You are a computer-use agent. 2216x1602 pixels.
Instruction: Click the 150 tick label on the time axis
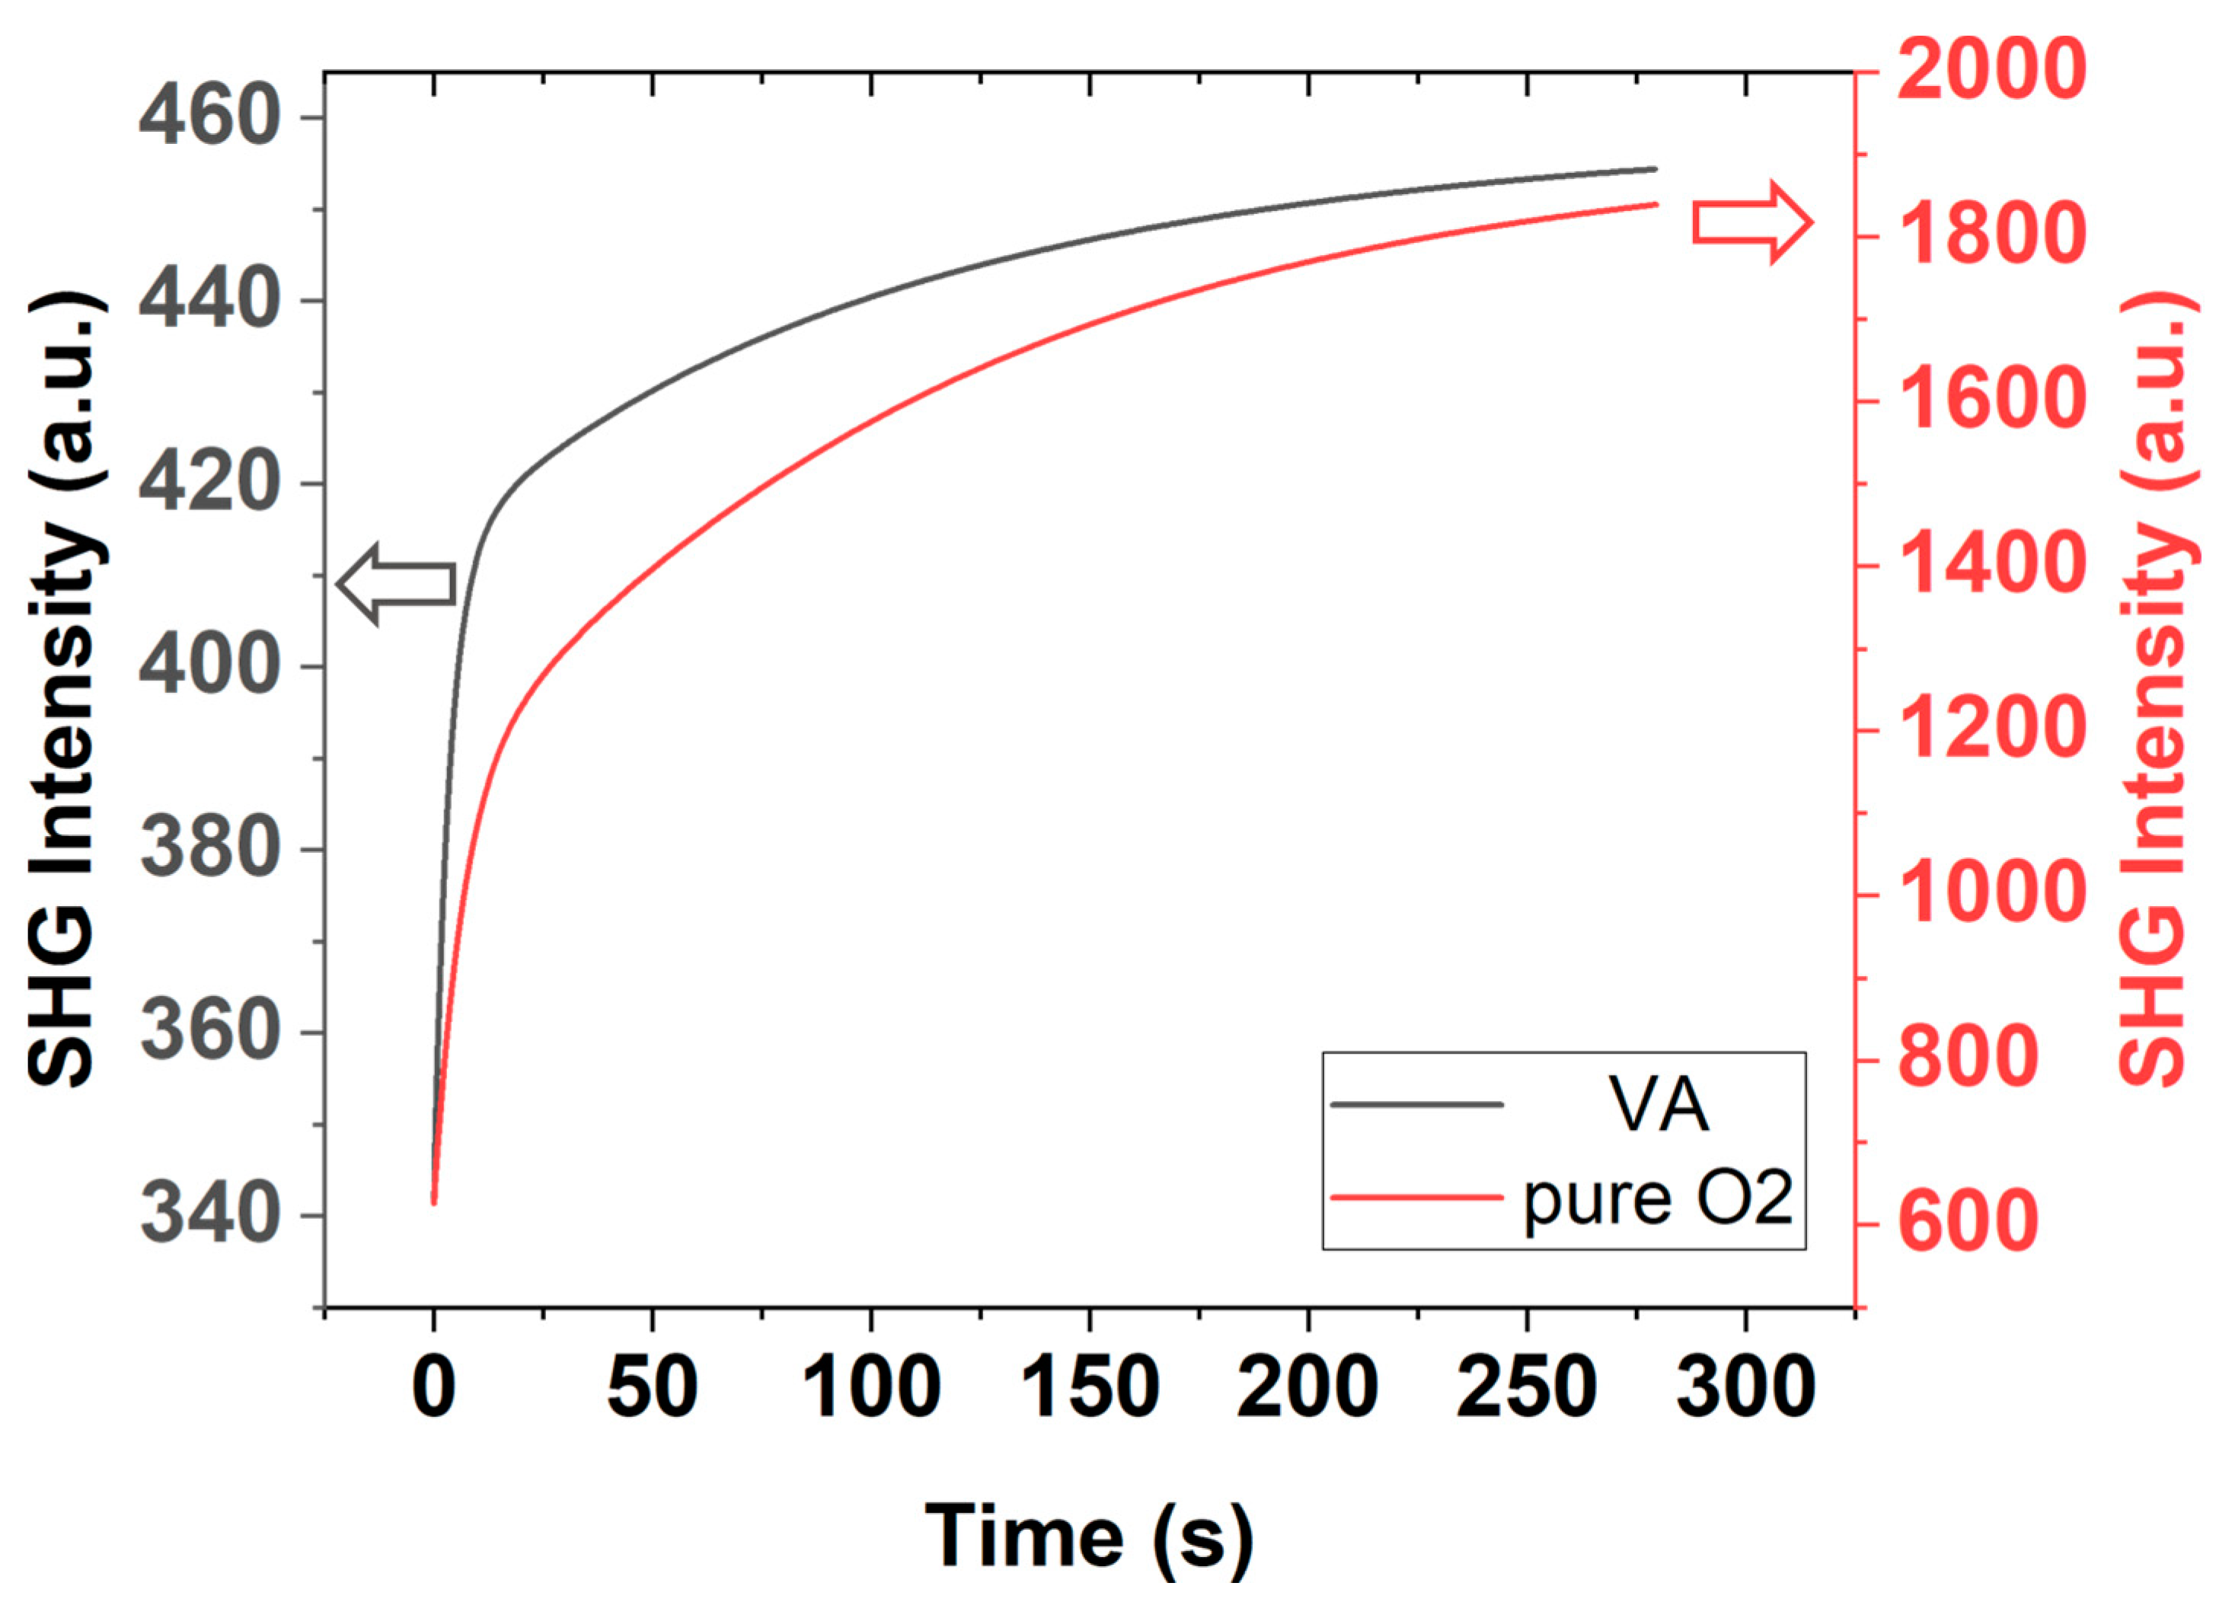coord(1090,1388)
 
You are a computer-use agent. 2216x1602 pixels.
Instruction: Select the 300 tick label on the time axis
coord(1745,1388)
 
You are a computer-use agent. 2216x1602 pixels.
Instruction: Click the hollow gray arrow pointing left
coord(396,584)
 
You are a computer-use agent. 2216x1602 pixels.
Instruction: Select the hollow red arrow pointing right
coord(1753,223)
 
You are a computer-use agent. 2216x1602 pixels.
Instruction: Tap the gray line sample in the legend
coord(1416,1105)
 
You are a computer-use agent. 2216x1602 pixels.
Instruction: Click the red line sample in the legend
coord(1416,1197)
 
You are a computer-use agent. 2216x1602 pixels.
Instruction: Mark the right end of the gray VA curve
coord(1656,169)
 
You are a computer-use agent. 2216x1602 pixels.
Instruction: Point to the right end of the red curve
coord(1656,204)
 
